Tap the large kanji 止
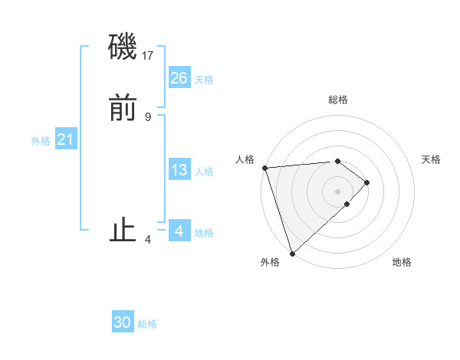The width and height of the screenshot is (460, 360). coord(123,231)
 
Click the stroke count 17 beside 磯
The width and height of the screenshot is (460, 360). coord(149,56)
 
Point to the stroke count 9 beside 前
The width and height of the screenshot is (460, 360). coord(148,116)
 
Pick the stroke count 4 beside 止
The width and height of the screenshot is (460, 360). coord(148,240)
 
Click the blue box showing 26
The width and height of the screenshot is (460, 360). coord(179,77)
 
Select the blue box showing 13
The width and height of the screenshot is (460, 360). coord(179,170)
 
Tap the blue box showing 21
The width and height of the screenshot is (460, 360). coord(66,139)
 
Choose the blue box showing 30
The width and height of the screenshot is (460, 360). coord(123,322)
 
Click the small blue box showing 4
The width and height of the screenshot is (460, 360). coord(179,231)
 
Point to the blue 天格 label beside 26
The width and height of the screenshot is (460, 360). coord(204,80)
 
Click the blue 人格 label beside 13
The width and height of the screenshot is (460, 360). coord(204,172)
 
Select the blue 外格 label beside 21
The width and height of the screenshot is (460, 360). coord(41,141)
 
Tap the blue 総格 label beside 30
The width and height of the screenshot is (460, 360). coord(147,324)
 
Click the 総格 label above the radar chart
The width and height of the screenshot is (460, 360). coord(337,100)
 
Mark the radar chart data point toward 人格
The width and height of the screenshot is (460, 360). coord(264,168)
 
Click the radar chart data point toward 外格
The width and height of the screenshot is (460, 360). coord(292,252)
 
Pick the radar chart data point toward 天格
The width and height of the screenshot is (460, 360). coord(367,182)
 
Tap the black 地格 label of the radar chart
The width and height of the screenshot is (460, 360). coord(402,263)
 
